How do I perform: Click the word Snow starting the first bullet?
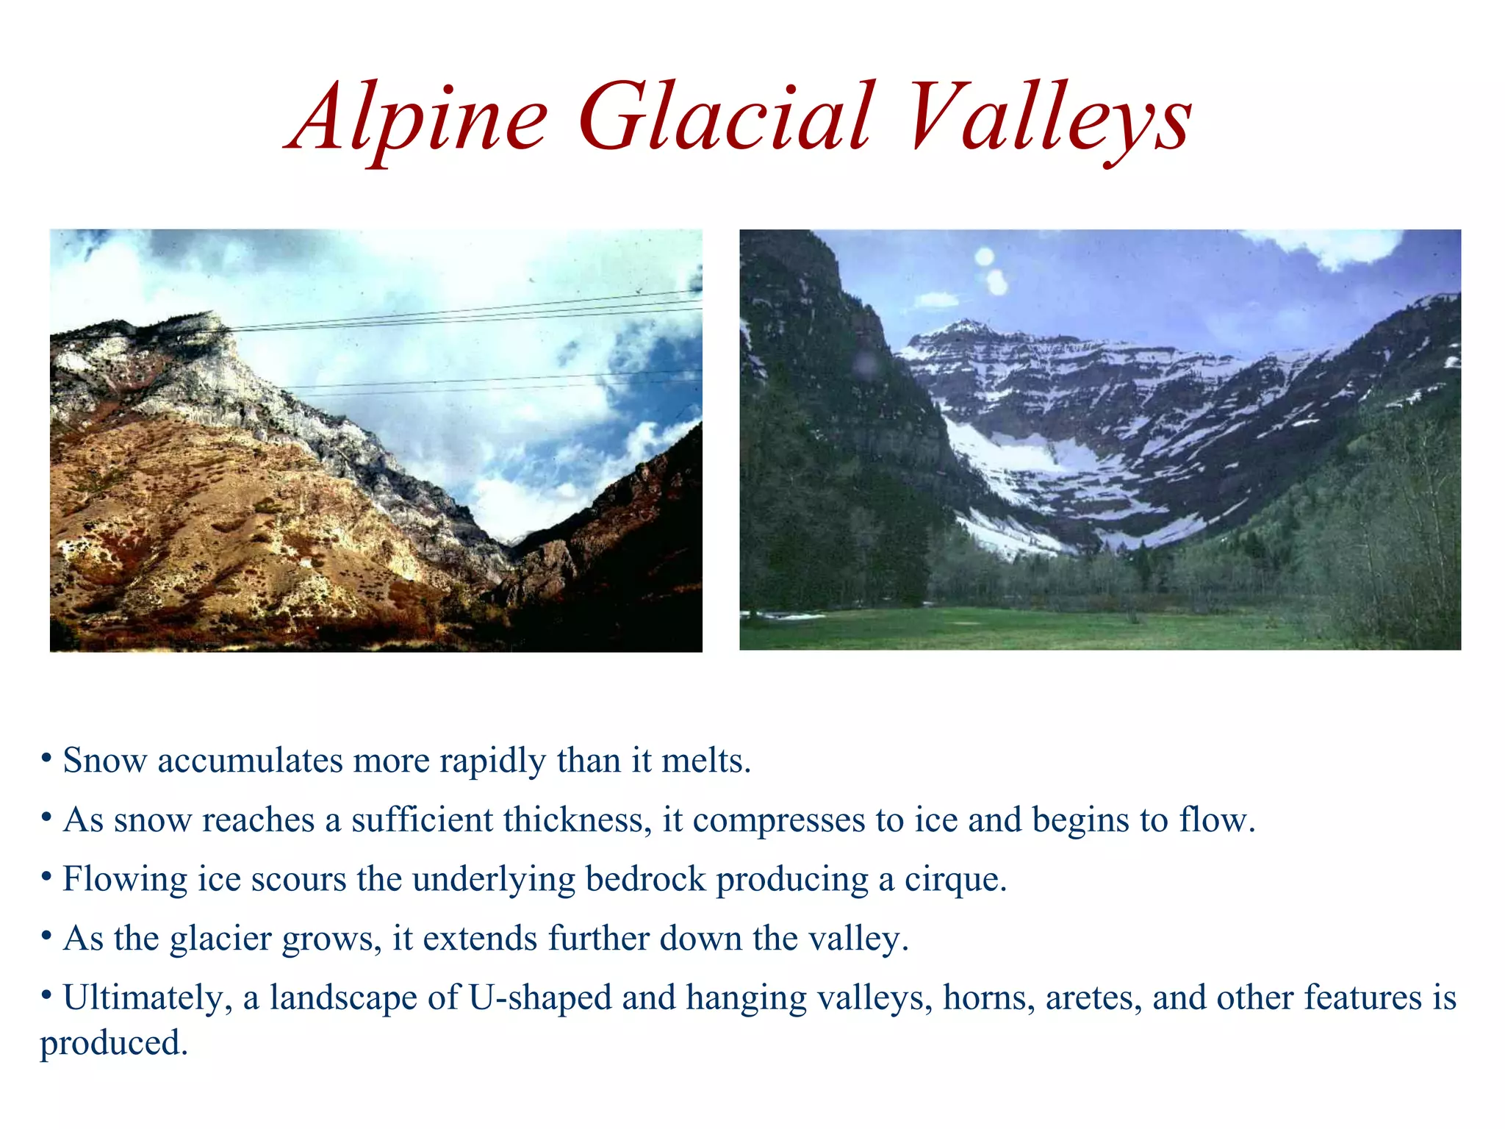[104, 761]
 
